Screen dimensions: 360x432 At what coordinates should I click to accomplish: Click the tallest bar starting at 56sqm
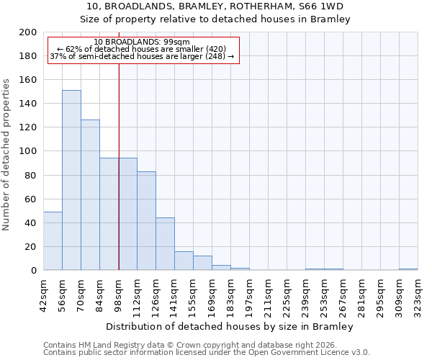71,180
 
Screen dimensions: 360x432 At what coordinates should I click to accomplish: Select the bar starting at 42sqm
53,241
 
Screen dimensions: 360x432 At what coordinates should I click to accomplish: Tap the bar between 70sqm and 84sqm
90,195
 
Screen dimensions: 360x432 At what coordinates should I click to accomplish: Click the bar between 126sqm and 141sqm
165,244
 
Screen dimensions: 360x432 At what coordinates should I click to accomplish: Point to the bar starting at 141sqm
184,261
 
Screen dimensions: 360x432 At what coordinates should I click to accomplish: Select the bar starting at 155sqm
202,263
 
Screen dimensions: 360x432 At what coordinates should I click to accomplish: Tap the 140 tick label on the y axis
28,104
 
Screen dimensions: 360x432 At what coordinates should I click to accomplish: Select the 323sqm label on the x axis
418,293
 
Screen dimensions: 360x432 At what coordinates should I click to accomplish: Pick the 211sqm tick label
268,293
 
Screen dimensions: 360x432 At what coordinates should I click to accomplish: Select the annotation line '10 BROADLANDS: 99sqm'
142,42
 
